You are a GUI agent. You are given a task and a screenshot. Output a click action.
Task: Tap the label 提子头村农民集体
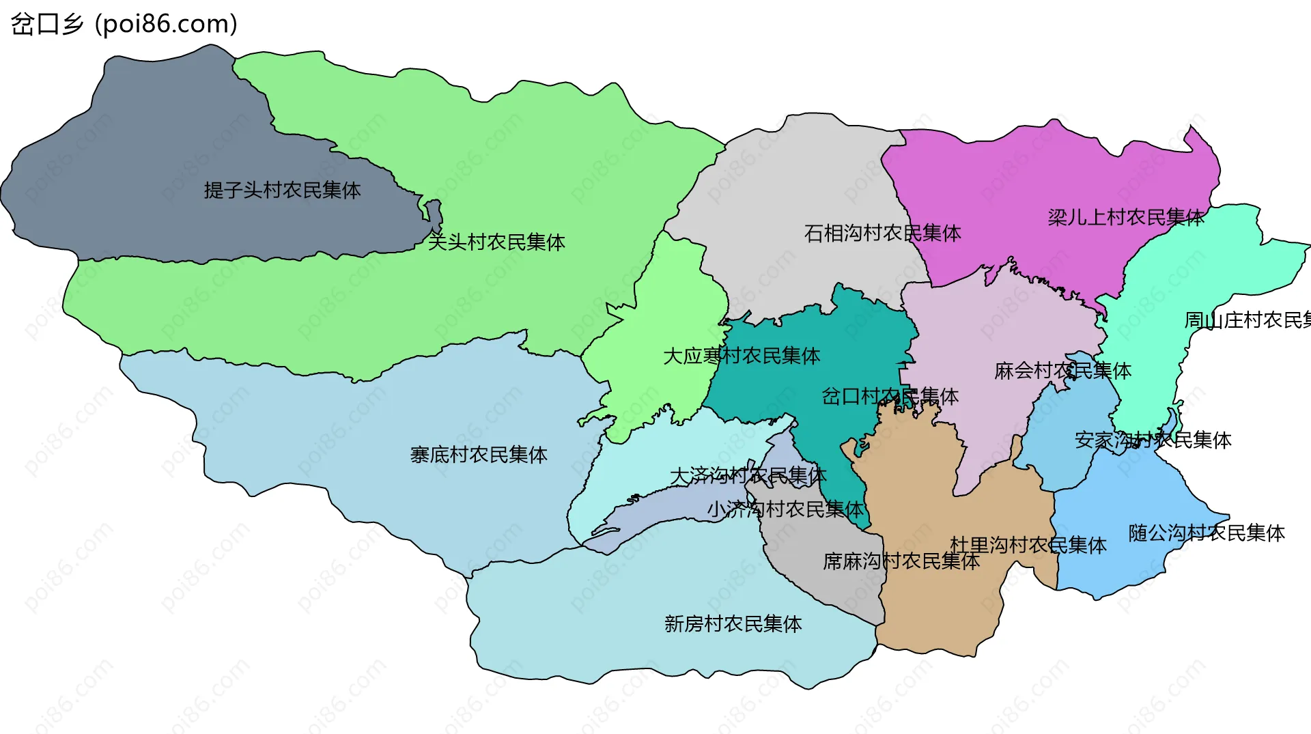(x=282, y=190)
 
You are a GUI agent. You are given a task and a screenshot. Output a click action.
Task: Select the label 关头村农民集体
(x=496, y=242)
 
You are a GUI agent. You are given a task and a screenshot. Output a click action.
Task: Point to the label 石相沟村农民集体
(x=882, y=234)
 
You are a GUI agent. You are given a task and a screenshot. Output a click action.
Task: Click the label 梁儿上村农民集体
(x=1126, y=217)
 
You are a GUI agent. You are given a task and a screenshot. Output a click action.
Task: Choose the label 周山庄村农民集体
(x=1247, y=320)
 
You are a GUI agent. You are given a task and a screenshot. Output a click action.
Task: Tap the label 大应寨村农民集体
(x=742, y=356)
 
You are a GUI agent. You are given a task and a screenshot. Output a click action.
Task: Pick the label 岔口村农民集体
(x=890, y=396)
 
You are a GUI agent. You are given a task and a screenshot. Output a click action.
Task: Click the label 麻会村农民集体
(x=1062, y=371)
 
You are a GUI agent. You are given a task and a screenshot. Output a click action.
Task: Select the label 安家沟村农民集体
(x=1153, y=440)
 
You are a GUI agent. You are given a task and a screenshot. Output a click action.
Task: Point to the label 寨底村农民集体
(x=479, y=455)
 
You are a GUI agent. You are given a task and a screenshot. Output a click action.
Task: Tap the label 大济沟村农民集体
(x=748, y=475)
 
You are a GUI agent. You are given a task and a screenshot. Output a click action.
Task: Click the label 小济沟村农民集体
(x=785, y=509)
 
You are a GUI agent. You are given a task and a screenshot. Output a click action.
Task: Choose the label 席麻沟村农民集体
(x=901, y=561)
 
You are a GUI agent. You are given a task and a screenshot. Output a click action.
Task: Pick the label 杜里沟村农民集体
(x=1028, y=545)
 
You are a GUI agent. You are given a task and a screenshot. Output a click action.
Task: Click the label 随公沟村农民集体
(x=1207, y=533)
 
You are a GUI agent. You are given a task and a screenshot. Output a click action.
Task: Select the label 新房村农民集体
(x=733, y=624)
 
